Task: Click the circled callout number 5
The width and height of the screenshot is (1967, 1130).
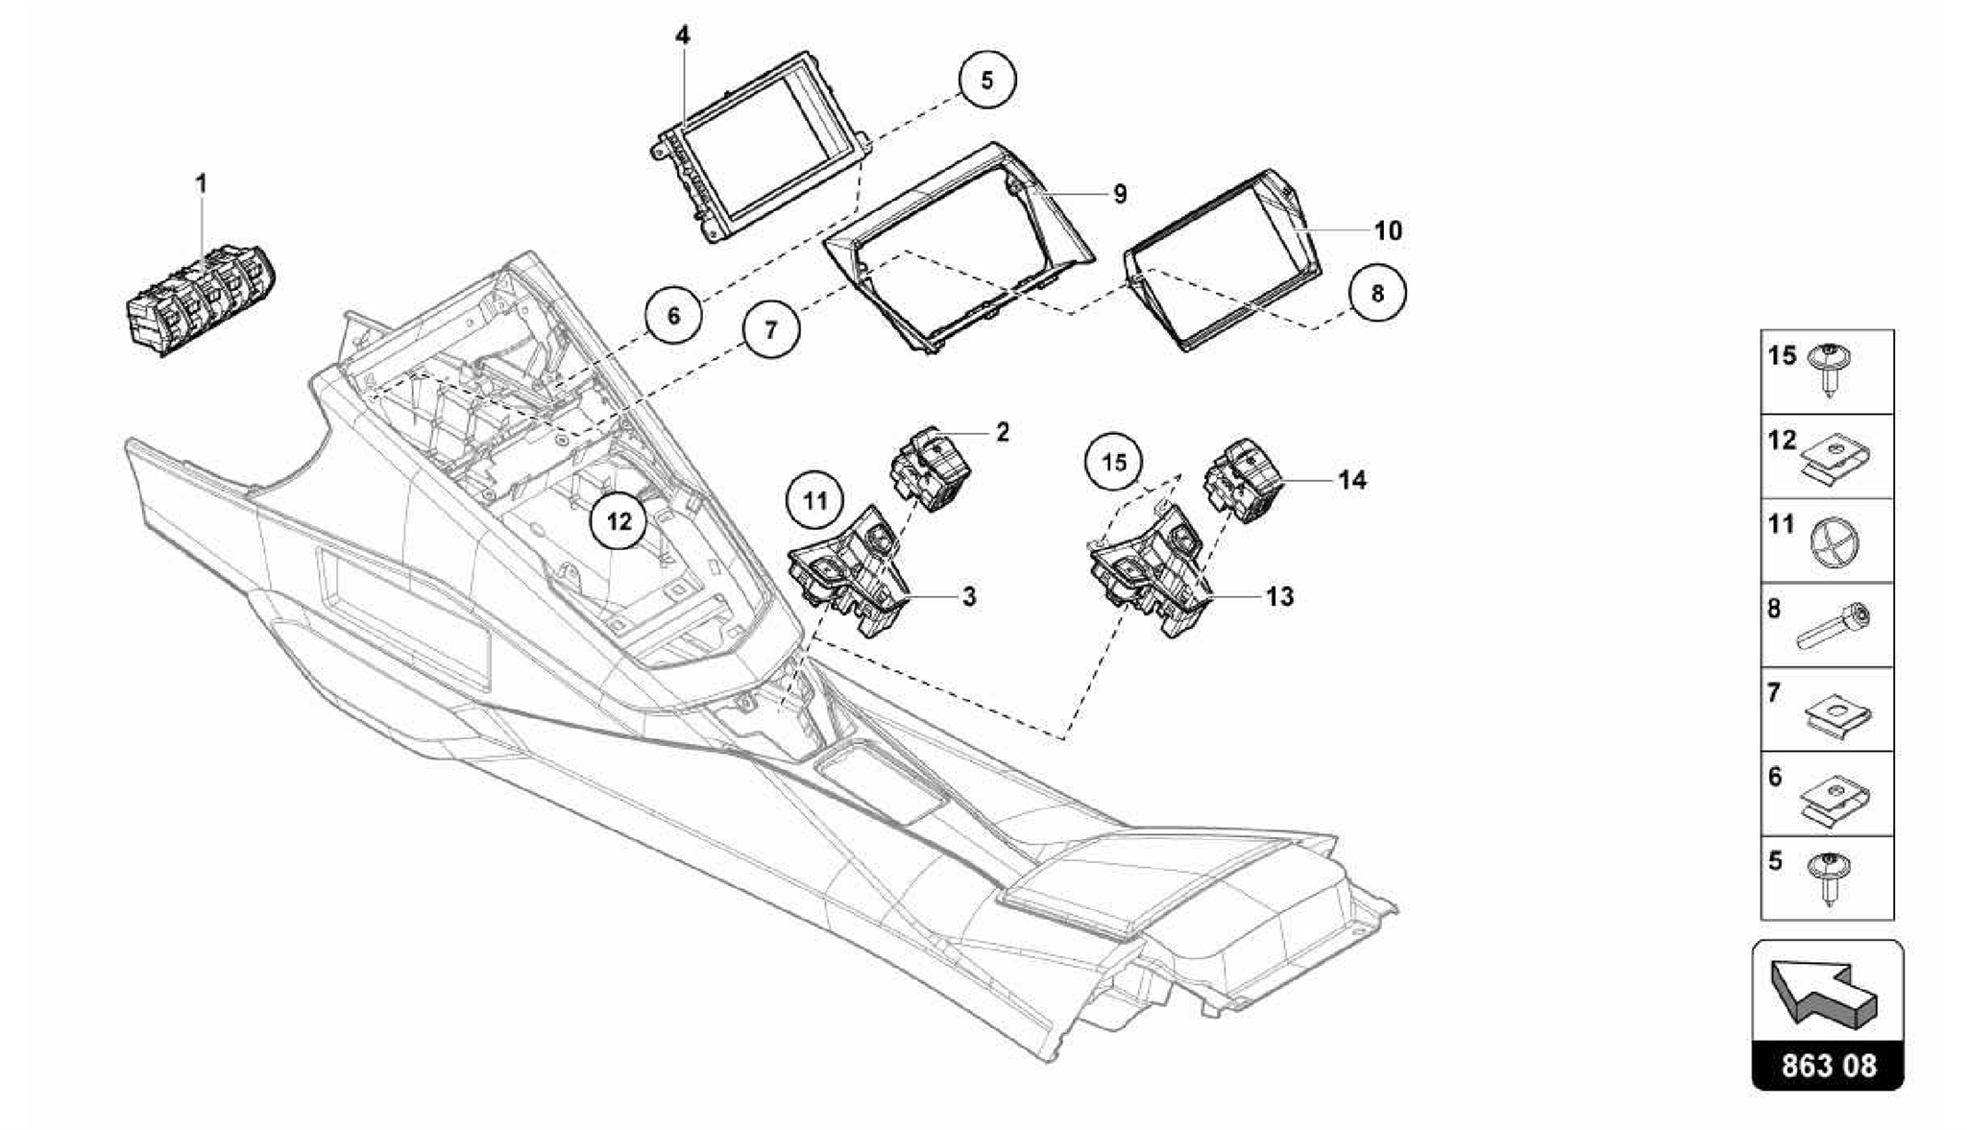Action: [x=986, y=80]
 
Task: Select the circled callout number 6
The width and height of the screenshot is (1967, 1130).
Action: [x=673, y=314]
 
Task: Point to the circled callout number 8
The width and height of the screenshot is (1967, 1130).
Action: [x=1377, y=293]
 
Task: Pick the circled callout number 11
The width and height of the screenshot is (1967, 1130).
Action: [x=814, y=500]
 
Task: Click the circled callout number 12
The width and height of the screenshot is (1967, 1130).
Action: [x=619, y=521]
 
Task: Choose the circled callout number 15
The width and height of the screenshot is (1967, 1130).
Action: [x=1113, y=463]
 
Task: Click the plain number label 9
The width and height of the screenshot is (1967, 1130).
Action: [x=1120, y=194]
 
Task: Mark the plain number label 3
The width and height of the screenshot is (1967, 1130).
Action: [x=969, y=596]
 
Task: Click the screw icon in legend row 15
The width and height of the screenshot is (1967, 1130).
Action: [x=1829, y=369]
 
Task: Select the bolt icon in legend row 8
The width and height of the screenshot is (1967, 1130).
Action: [x=1830, y=627]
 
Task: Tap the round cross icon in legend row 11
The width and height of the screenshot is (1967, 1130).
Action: [x=1829, y=541]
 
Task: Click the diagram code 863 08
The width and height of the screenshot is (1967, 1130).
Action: [x=1828, y=1065]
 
